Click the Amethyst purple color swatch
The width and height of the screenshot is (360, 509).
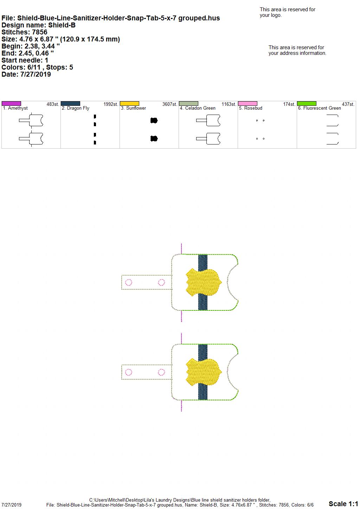coord(11,103)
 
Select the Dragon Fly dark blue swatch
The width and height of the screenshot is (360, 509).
coord(70,103)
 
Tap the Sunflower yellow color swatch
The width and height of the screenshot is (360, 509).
coord(129,103)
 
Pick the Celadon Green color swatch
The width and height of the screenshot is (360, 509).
coord(189,103)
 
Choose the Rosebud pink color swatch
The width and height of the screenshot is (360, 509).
coord(248,103)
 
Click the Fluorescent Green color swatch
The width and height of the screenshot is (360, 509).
coord(307,103)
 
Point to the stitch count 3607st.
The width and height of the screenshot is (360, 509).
coord(169,104)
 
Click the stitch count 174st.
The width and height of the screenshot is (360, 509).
coord(289,104)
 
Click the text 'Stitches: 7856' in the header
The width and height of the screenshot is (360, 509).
coord(24,32)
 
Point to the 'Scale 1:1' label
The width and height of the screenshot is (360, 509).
coord(343,504)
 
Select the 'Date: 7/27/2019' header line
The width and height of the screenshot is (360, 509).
coord(26,74)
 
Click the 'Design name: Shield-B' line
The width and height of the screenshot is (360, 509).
coord(38,25)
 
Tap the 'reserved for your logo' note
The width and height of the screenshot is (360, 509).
coord(288,12)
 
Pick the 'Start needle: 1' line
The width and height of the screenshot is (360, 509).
coord(25,60)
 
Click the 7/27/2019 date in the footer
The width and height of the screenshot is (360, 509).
coord(11,505)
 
